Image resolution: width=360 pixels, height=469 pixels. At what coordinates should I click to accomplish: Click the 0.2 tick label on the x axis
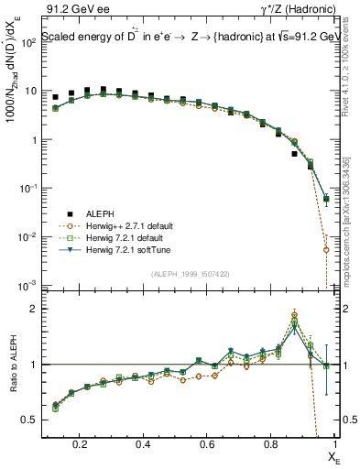pos(81,444)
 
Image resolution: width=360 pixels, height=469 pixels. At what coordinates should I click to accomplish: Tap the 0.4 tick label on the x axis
pos(143,444)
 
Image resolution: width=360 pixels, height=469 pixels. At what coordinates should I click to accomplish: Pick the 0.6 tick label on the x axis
pos(206,444)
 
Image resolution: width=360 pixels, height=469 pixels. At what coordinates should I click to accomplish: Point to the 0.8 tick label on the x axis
pos(268,444)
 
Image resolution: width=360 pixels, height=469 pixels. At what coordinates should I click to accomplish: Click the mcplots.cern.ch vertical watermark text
pos(352,211)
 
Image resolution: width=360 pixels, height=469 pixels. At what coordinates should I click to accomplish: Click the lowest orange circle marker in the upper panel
pos(326,249)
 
